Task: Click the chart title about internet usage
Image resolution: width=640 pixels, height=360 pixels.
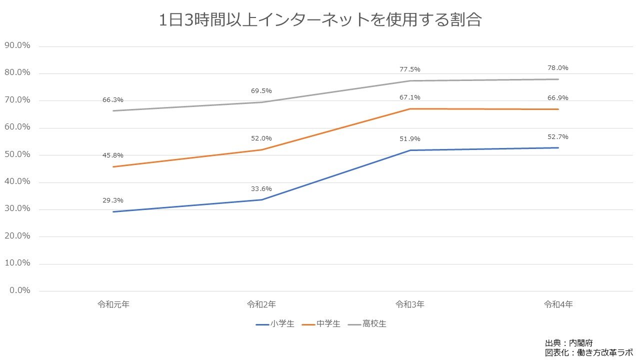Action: (x=320, y=20)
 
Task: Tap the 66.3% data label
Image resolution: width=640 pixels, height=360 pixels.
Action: (x=113, y=100)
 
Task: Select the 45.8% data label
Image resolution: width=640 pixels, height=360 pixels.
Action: (x=113, y=155)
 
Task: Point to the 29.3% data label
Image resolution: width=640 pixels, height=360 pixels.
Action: (x=113, y=200)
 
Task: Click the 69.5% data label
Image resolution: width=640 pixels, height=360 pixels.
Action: (x=261, y=91)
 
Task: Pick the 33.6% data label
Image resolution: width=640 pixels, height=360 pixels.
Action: (x=261, y=189)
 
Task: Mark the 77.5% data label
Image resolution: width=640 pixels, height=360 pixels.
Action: (x=410, y=69)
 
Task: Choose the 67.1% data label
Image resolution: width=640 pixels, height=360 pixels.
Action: (x=410, y=97)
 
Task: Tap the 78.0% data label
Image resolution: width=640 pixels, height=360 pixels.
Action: (x=558, y=68)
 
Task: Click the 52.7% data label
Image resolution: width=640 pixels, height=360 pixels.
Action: (x=558, y=137)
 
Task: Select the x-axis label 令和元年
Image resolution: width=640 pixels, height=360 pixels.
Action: (x=113, y=304)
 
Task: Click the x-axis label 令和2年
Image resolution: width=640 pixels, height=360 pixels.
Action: (x=261, y=304)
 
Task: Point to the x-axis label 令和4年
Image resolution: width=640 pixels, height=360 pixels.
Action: (x=558, y=304)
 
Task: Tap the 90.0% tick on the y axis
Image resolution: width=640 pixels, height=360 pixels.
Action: (x=17, y=45)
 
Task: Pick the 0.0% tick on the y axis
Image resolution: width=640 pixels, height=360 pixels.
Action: (x=19, y=290)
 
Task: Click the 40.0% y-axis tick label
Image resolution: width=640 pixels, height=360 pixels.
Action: (x=17, y=181)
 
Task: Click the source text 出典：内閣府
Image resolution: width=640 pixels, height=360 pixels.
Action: (x=568, y=343)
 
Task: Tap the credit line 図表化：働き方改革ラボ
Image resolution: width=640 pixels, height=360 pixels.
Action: (x=588, y=352)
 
